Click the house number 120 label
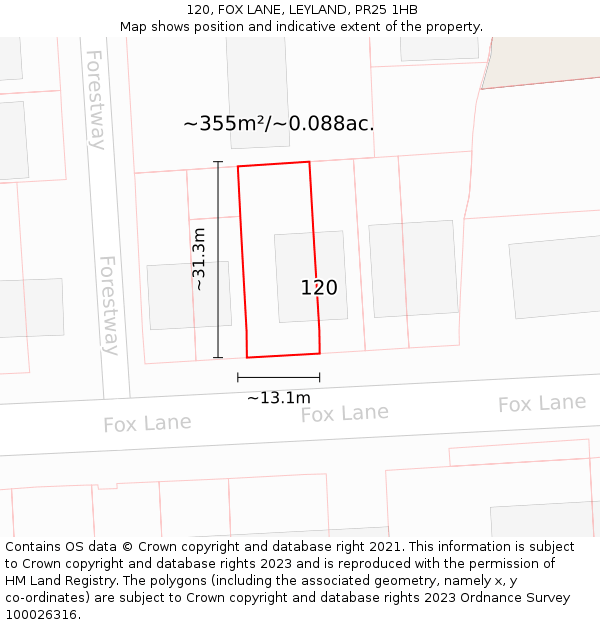click(319, 288)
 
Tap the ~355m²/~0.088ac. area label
click(278, 124)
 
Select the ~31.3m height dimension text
click(199, 259)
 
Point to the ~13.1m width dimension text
click(278, 398)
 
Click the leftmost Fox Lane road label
click(147, 423)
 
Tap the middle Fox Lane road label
click(345, 413)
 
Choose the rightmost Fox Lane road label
click(542, 403)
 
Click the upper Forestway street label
click(95, 100)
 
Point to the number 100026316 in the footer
click(43, 615)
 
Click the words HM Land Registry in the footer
click(53, 581)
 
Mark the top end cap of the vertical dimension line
click(218, 161)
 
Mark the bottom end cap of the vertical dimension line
click(218, 357)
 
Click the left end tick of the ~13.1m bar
click(238, 377)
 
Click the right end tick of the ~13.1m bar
click(320, 377)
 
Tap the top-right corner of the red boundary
click(309, 162)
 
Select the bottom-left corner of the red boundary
click(247, 357)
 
